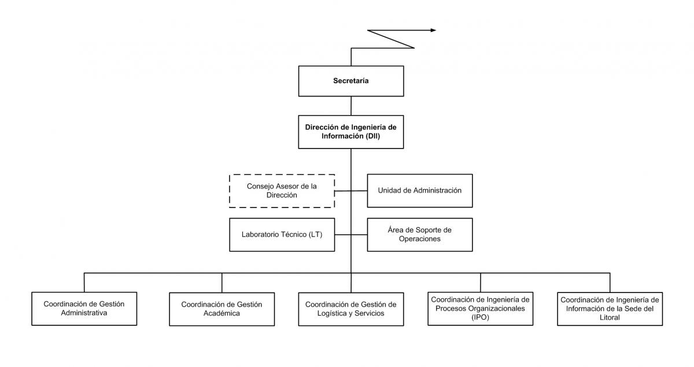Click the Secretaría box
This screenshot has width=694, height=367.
tap(351, 81)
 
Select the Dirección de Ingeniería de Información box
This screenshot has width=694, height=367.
tap(351, 132)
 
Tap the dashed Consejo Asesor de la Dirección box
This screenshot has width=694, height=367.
tap(282, 191)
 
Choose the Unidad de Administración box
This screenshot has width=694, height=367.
tap(420, 191)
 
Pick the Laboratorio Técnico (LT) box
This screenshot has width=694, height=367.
tap(282, 235)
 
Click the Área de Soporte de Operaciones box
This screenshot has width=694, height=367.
tap(420, 235)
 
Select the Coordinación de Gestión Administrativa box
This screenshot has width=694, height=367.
tap(84, 309)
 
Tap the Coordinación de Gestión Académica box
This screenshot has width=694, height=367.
tap(222, 309)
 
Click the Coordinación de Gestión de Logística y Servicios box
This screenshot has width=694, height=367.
tap(351, 309)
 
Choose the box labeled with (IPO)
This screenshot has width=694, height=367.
tap(481, 309)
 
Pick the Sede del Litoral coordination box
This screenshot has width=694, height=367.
tap(610, 309)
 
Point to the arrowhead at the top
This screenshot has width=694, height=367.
tap(433, 31)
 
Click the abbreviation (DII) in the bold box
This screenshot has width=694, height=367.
tap(372, 136)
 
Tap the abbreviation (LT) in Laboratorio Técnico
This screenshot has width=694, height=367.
tap(315, 235)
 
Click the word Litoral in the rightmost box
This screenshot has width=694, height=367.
tap(610, 317)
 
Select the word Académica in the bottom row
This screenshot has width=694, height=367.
tap(222, 313)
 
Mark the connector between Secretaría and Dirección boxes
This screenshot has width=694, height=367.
tap(351, 106)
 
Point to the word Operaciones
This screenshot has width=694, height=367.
tap(419, 239)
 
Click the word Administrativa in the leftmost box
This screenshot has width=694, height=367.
tap(84, 313)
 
